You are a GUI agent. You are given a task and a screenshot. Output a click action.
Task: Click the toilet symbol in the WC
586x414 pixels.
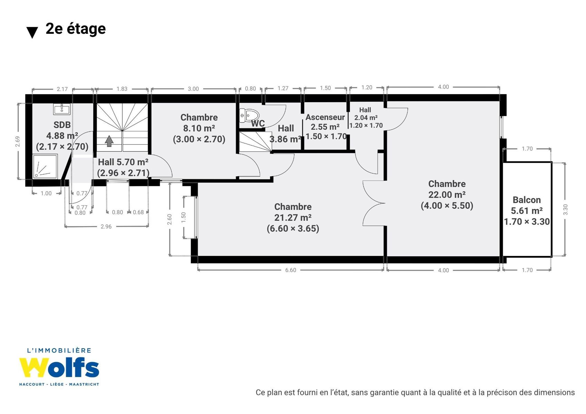(249, 116)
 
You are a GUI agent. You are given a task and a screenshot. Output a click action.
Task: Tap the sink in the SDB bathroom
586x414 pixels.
(62, 109)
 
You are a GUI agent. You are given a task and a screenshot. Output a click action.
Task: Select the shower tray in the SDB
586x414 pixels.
(45, 166)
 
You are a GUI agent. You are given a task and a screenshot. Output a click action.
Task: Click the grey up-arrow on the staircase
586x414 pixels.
(109, 141)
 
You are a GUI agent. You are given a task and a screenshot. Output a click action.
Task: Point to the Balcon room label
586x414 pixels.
(527, 200)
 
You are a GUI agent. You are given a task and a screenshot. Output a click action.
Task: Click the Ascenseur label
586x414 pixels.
(325, 117)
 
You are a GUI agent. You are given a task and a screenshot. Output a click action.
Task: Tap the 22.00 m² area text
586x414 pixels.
(447, 195)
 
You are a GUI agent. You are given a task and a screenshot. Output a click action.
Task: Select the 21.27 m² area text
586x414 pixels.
(293, 217)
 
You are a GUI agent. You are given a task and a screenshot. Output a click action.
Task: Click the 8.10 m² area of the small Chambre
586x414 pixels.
(199, 128)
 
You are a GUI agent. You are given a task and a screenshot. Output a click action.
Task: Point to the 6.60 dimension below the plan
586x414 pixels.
(291, 270)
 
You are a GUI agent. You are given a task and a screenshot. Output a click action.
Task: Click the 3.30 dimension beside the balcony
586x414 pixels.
(565, 210)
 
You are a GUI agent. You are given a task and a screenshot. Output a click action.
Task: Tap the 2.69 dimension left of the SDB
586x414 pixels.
(18, 141)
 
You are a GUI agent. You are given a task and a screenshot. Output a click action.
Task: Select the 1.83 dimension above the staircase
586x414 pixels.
(122, 89)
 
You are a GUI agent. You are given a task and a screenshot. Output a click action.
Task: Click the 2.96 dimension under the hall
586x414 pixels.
(106, 226)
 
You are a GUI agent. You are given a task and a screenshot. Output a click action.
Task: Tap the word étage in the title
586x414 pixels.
(86, 29)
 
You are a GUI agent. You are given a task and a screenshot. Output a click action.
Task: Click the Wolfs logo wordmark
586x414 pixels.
(59, 368)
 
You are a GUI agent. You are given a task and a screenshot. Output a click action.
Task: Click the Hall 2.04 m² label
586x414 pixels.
(366, 114)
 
